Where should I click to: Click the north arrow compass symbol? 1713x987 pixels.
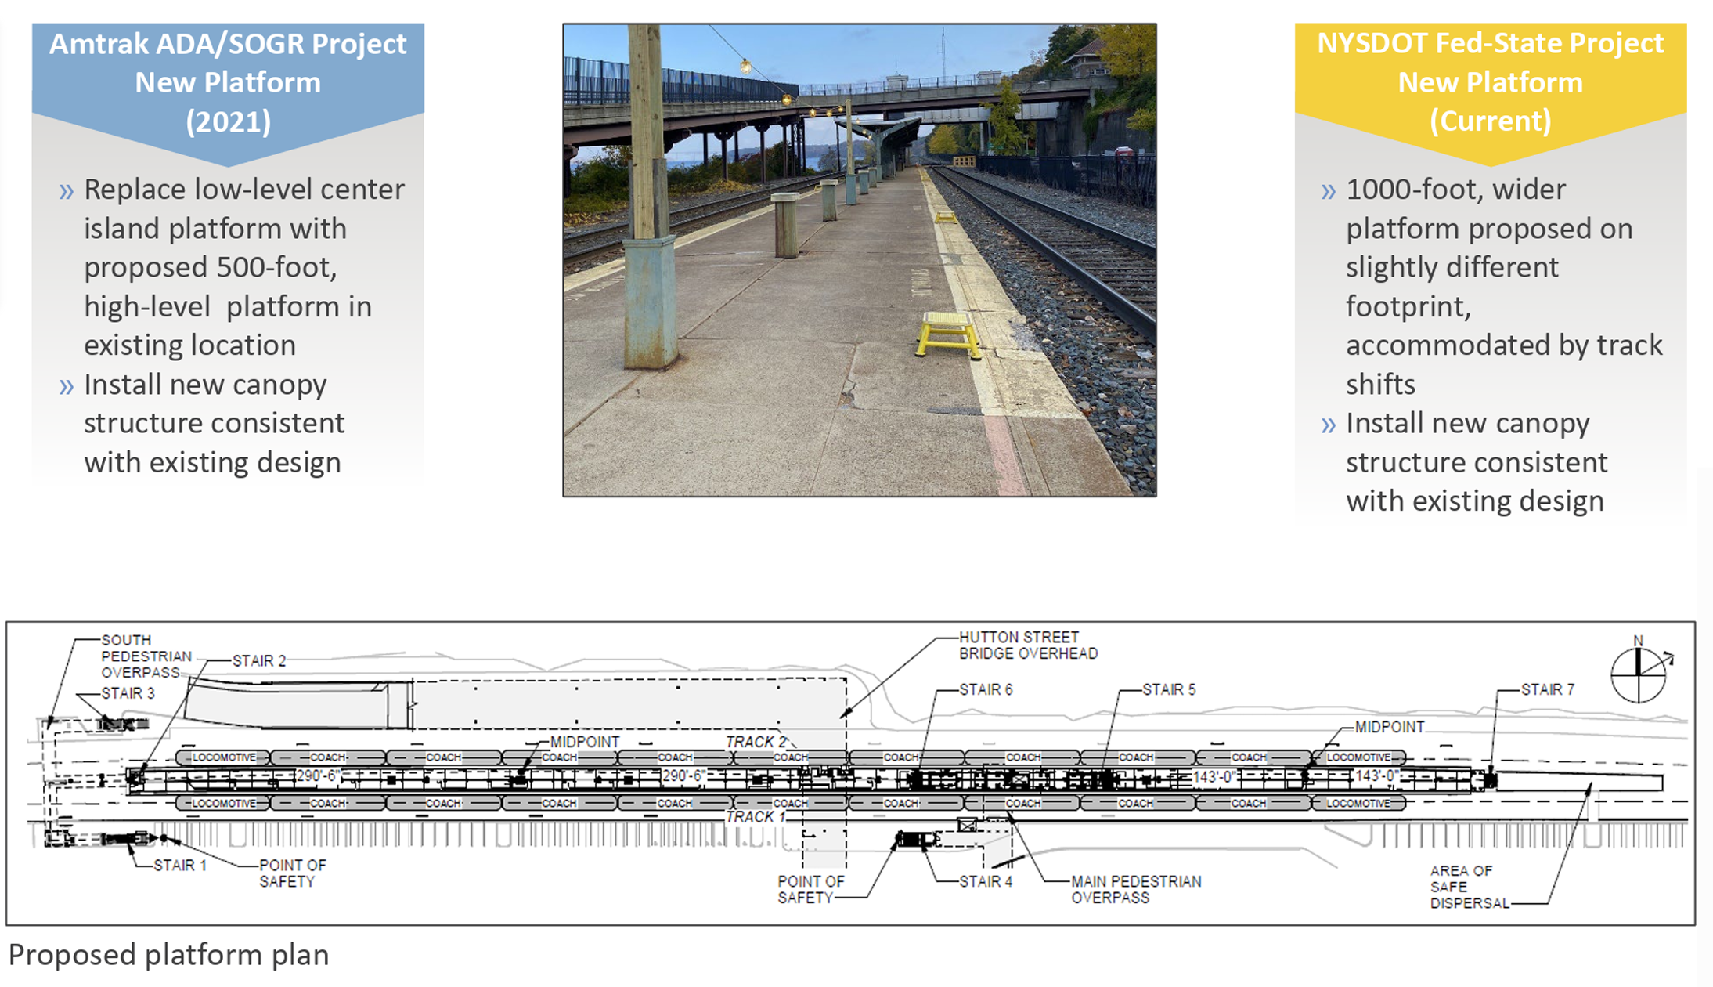(1638, 673)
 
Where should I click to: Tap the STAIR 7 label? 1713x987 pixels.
(1547, 689)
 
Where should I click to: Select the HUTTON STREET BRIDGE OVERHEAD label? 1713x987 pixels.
(1028, 645)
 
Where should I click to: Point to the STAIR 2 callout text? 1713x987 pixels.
(258, 660)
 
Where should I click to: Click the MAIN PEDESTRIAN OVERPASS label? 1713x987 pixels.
(1135, 889)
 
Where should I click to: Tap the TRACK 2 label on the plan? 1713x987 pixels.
(755, 741)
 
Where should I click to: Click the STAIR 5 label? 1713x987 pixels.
(1169, 689)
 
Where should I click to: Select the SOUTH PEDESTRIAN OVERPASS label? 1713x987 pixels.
(146, 656)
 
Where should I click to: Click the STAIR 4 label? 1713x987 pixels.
(986, 881)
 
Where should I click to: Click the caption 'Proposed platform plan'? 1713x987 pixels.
(168, 955)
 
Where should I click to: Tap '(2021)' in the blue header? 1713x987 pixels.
(228, 121)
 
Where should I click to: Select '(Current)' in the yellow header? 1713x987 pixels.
(1490, 121)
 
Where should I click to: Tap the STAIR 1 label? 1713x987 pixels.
(179, 865)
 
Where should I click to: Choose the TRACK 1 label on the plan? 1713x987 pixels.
(755, 816)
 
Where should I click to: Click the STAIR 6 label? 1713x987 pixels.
(986, 689)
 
